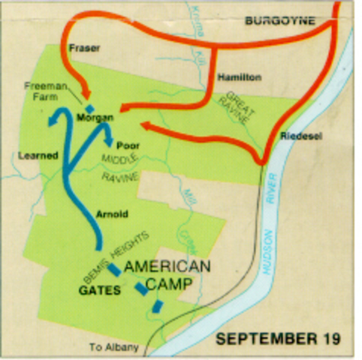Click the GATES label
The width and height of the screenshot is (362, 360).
[x=100, y=290]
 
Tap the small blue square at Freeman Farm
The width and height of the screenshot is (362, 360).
[x=90, y=109]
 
